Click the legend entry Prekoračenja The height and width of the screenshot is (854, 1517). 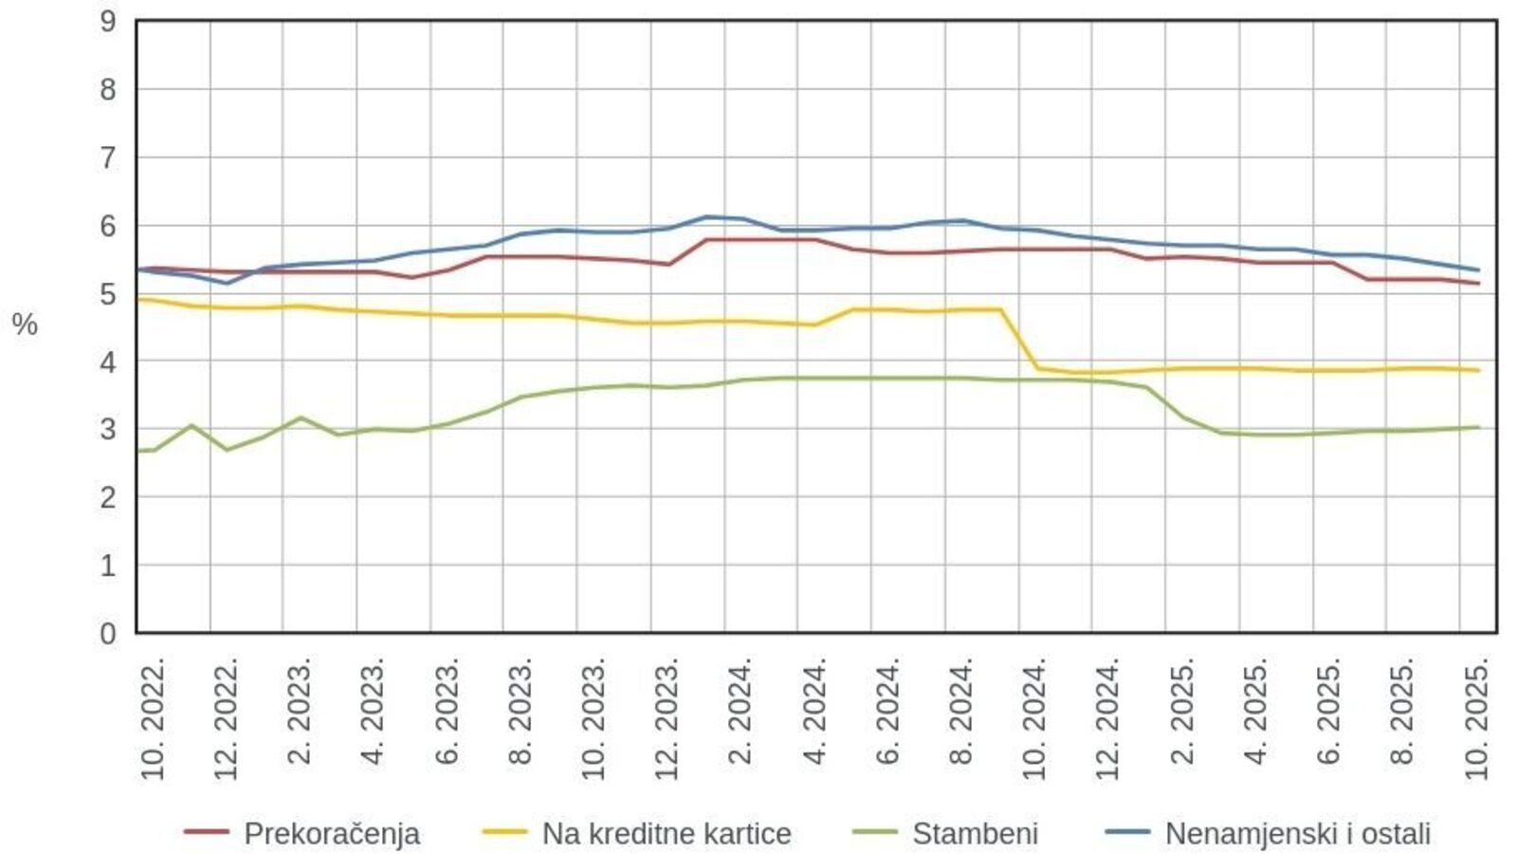pyautogui.click(x=332, y=833)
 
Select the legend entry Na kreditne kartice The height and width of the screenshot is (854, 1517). pyautogui.click(x=666, y=833)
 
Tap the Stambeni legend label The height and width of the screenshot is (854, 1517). pyautogui.click(x=975, y=833)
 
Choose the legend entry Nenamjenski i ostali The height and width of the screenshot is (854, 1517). pyautogui.click(x=1297, y=833)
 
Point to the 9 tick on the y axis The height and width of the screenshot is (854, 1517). pyautogui.click(x=108, y=21)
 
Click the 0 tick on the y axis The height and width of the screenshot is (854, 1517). pyautogui.click(x=108, y=633)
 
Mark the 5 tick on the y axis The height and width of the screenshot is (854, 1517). pyautogui.click(x=108, y=293)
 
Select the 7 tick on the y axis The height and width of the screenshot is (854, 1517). pyautogui.click(x=108, y=158)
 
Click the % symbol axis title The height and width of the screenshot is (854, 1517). pyautogui.click(x=25, y=325)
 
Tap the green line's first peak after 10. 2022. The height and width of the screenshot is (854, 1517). pyautogui.click(x=191, y=425)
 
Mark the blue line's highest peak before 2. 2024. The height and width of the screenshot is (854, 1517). pyautogui.click(x=706, y=216)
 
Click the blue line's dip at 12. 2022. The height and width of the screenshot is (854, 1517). pyautogui.click(x=227, y=283)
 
